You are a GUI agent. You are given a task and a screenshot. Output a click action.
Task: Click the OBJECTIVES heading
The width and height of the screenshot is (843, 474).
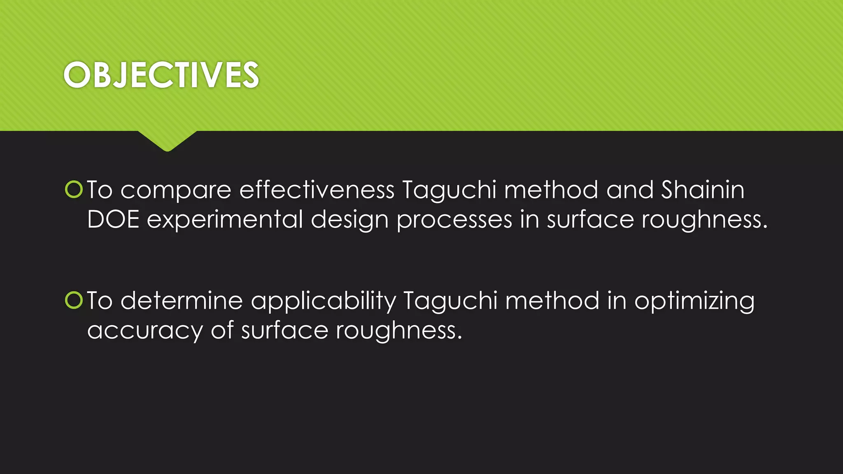tap(161, 75)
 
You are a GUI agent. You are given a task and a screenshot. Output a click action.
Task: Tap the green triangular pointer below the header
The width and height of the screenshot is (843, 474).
tap(167, 140)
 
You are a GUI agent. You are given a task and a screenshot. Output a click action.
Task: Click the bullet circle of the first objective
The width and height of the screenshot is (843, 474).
tap(74, 190)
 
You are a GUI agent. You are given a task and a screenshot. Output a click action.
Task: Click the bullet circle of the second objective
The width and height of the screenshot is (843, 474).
tap(74, 300)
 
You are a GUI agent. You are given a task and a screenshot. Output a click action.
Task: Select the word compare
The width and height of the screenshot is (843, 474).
tap(176, 191)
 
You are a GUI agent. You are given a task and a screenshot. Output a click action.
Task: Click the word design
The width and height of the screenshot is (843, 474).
tap(349, 220)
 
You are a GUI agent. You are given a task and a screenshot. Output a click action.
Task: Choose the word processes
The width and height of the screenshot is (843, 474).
tap(454, 220)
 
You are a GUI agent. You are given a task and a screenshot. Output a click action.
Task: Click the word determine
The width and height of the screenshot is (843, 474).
tap(182, 300)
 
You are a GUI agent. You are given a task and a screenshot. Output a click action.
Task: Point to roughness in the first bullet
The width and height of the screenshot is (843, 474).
tap(704, 220)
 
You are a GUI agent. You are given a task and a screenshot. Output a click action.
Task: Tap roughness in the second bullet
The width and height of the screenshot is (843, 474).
tap(398, 331)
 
